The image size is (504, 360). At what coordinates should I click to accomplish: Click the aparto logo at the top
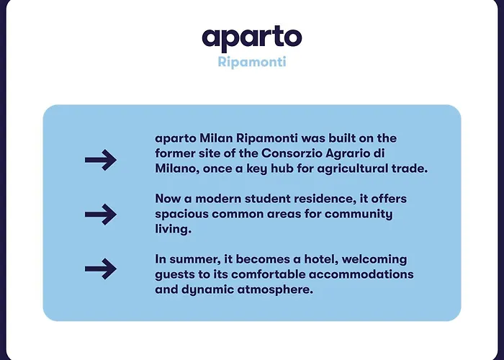click(251, 37)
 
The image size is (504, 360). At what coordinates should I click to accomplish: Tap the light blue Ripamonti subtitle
click(251, 62)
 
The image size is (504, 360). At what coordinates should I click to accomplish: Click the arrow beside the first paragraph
click(100, 160)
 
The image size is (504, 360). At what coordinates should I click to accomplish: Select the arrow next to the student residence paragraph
click(100, 215)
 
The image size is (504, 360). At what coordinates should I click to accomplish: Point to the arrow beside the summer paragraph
click(100, 269)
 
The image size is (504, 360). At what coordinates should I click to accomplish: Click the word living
click(171, 230)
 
